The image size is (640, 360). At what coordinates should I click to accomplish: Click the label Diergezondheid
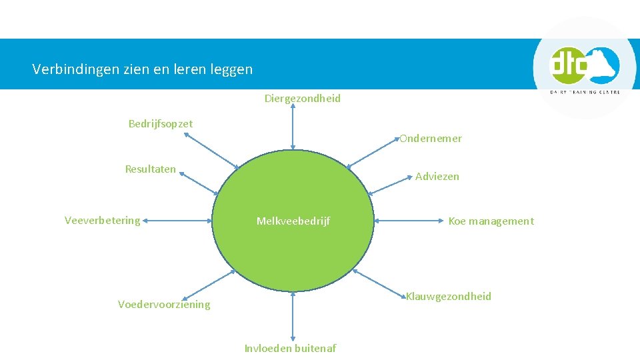(x=302, y=99)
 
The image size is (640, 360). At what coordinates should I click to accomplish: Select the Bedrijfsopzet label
(x=161, y=123)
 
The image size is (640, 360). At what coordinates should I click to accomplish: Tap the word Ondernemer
(x=431, y=139)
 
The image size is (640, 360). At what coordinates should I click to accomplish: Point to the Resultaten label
(x=151, y=169)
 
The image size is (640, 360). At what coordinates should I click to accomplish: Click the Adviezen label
(x=437, y=177)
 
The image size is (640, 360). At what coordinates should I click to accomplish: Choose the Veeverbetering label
(x=103, y=220)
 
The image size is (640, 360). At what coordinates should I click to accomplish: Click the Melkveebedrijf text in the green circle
(x=293, y=221)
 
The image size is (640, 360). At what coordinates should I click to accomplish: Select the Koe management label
(x=491, y=221)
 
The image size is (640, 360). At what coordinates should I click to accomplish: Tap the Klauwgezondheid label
(x=449, y=297)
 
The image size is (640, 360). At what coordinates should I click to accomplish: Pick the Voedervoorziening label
(x=164, y=305)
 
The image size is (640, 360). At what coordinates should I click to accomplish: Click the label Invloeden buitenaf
(x=291, y=348)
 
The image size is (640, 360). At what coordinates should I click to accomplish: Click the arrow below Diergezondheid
(x=293, y=128)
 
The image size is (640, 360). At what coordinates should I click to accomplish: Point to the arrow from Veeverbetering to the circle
(x=178, y=220)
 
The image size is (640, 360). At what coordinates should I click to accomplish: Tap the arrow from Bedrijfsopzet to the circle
(x=211, y=151)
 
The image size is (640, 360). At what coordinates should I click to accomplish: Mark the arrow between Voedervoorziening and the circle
(x=208, y=285)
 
